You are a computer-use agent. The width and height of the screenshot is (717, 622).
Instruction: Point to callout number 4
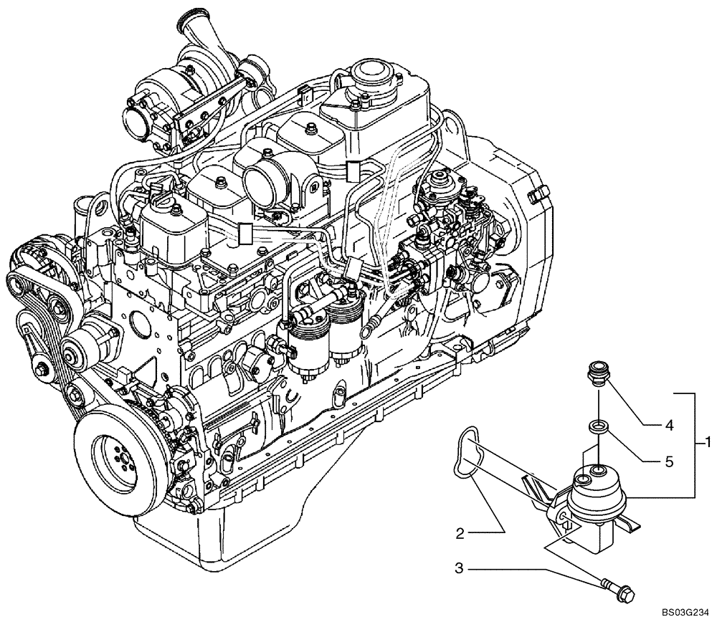(x=668, y=424)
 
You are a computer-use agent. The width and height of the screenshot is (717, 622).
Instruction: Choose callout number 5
(x=668, y=462)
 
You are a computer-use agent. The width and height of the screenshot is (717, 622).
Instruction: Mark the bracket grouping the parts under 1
(x=693, y=444)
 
